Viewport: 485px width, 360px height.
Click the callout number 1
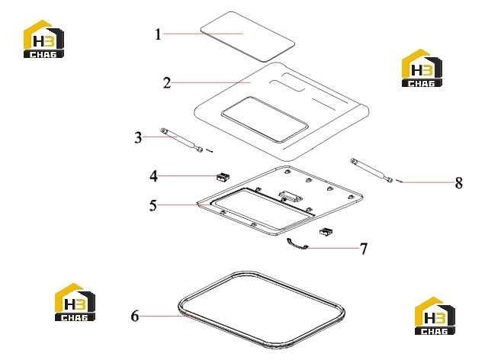click(x=158, y=34)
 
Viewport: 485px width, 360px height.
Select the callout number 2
click(x=167, y=83)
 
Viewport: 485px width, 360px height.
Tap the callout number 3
click(x=138, y=137)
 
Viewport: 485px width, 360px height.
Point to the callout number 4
click(x=153, y=176)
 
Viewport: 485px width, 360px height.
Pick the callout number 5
click(x=153, y=205)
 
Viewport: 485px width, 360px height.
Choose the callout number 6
click(x=135, y=316)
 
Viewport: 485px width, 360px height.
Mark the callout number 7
click(x=364, y=249)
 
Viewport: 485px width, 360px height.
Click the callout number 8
click(x=459, y=183)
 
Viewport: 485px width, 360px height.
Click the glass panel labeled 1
click(x=247, y=37)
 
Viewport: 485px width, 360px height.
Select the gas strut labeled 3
click(x=181, y=140)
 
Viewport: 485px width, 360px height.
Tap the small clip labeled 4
click(x=223, y=177)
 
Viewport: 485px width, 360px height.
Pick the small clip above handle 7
click(x=326, y=231)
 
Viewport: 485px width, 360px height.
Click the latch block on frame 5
click(x=291, y=196)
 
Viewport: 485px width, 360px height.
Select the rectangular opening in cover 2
click(x=265, y=120)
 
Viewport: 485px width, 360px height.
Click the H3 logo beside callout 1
click(x=43, y=39)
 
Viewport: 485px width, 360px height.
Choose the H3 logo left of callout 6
click(x=75, y=302)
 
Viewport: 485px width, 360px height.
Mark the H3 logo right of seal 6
click(x=435, y=316)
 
